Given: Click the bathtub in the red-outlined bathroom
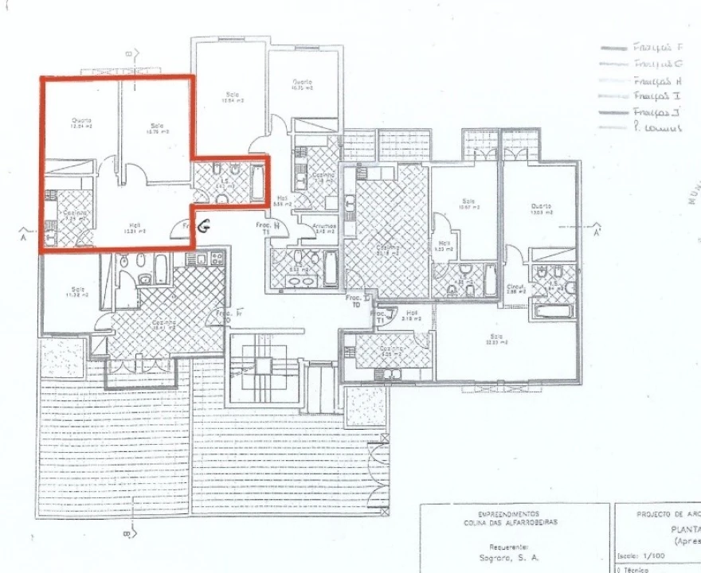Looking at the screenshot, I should [257, 182].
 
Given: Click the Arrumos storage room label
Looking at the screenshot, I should [323, 227].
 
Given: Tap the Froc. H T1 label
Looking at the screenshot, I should [276, 228].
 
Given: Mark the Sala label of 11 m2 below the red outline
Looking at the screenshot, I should [77, 291].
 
